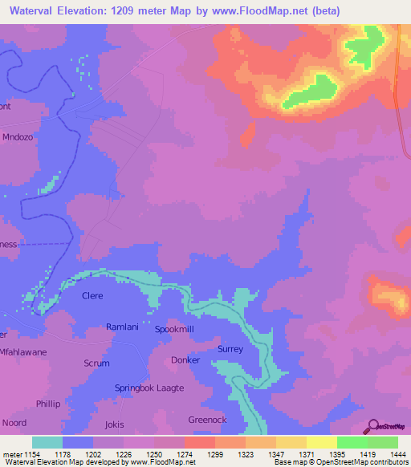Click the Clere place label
[x=93, y=295]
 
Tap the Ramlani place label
[x=123, y=327]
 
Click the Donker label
[x=185, y=360]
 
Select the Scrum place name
[x=96, y=363]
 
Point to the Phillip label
[x=47, y=404]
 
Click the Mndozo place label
[x=21, y=136]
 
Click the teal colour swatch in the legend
[x=47, y=442]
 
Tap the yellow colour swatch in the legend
[x=322, y=442]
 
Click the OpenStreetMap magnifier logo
[x=373, y=426]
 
